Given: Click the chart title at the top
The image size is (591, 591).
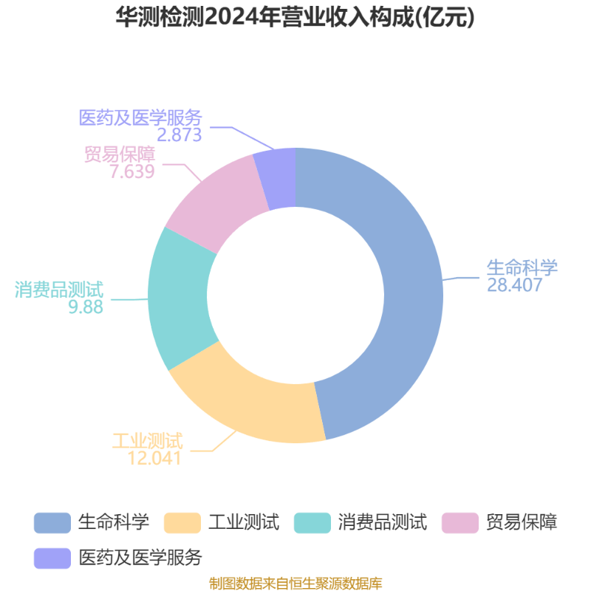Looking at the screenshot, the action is pos(295,17).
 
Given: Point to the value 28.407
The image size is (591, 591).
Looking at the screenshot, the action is pos(514,285).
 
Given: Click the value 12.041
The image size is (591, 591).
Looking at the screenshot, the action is pos(154,458).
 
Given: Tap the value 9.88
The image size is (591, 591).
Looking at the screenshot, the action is pos(86,307).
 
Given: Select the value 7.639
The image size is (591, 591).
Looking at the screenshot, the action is pos(132,171).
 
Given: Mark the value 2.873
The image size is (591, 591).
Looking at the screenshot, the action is pos(180,134).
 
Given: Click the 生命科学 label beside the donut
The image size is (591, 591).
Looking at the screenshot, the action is pos(522,267).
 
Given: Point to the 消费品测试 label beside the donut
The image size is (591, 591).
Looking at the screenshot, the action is pos(59,290).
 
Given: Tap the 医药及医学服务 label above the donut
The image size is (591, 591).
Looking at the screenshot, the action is pos(140,117).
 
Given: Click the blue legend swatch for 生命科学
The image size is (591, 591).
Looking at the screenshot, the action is pos(52,523).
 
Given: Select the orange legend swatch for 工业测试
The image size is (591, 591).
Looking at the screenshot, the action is pos(182,523).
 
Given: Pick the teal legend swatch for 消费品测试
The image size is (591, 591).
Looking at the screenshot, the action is pos(312,523).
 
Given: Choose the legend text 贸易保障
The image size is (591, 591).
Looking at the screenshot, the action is pos(522,522).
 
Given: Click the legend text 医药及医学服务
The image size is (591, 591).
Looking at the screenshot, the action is pos(140,558).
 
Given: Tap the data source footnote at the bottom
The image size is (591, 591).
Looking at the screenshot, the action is pos(295,584).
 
